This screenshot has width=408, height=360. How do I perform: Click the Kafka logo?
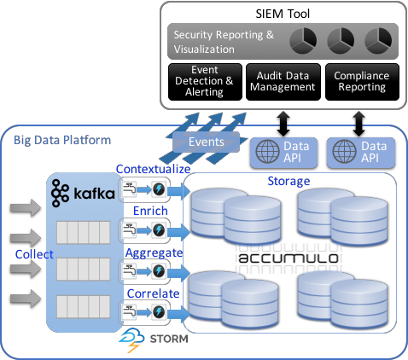point(83,194)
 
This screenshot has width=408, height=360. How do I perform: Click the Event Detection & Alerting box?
point(205,80)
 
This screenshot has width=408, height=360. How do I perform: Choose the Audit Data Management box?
point(283,80)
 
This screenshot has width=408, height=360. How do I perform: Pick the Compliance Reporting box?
point(362,80)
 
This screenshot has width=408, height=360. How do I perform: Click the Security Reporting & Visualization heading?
point(224,42)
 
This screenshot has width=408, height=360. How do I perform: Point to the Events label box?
point(207,142)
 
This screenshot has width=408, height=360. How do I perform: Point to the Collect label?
point(34,254)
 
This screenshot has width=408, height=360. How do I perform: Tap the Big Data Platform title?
point(62,139)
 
